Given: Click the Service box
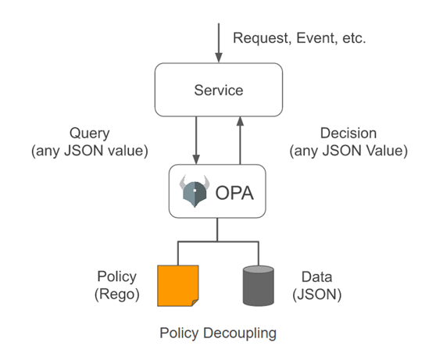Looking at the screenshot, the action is [219, 90].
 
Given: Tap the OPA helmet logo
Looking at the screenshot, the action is [195, 191].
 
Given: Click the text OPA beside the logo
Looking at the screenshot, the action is [234, 193].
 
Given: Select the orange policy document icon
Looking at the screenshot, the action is [178, 286].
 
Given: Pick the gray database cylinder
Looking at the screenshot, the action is [259, 286].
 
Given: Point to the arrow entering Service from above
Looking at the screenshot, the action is [219, 43].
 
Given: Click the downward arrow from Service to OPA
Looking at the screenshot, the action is [196, 141].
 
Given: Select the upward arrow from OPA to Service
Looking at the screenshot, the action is [240, 141].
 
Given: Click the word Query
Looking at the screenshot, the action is [90, 134].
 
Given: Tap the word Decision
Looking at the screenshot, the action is [348, 133].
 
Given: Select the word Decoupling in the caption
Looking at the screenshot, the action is [240, 333].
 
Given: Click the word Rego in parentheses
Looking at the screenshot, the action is [117, 294].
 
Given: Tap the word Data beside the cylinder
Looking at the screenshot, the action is [316, 276].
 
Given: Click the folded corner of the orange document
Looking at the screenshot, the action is [195, 303].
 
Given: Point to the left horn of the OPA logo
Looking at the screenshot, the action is [183, 183].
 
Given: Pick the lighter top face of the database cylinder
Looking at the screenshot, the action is [259, 269].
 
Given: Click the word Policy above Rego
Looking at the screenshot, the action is [117, 276].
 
